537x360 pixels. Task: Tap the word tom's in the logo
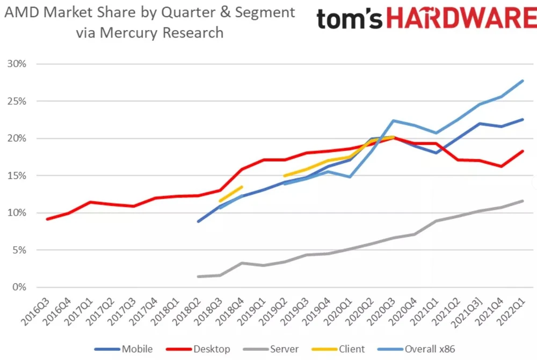[349, 19]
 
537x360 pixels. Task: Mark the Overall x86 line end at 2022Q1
[523, 81]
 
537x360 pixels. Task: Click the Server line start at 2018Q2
[199, 277]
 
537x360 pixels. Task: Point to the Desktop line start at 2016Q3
[48, 219]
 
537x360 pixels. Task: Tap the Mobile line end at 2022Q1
[523, 120]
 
